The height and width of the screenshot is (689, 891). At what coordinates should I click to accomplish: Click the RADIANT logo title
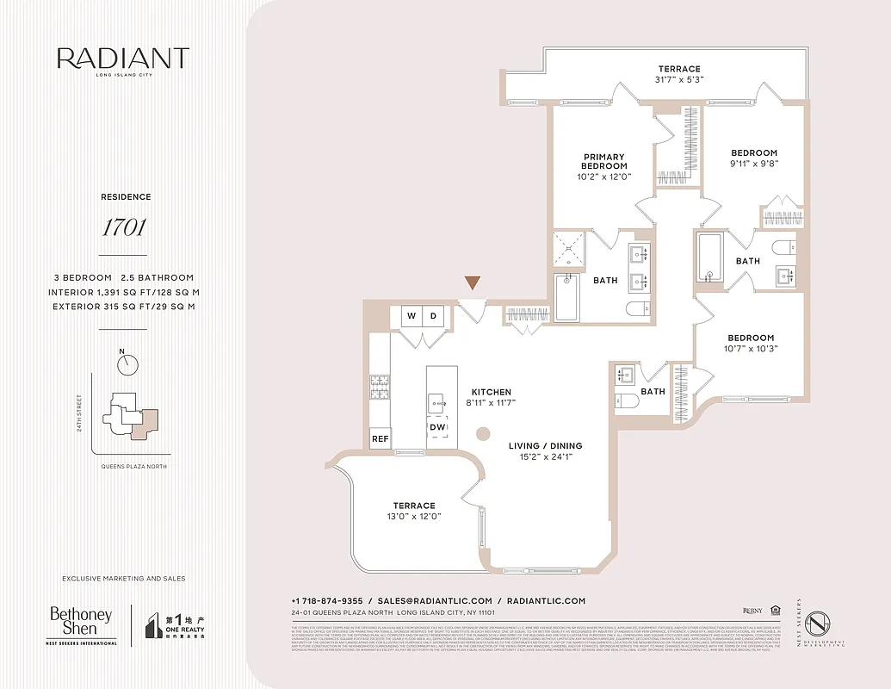(123, 59)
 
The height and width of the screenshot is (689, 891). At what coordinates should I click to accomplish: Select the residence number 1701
(123, 228)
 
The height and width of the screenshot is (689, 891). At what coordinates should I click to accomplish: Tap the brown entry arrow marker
(472, 283)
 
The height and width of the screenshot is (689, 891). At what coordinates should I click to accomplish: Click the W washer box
(411, 316)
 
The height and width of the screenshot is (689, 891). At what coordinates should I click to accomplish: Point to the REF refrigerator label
(380, 439)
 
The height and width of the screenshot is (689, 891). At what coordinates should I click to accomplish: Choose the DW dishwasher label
(437, 427)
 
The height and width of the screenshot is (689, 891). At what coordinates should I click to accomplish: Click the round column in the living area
(484, 433)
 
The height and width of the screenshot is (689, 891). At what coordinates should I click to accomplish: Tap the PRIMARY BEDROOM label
(603, 161)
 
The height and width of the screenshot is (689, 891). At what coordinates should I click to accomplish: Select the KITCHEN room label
(491, 392)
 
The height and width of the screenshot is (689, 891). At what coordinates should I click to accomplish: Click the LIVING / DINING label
(544, 445)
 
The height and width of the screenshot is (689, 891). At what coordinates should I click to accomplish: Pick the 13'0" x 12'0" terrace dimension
(415, 517)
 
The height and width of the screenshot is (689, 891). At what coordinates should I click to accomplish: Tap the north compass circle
(127, 365)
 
